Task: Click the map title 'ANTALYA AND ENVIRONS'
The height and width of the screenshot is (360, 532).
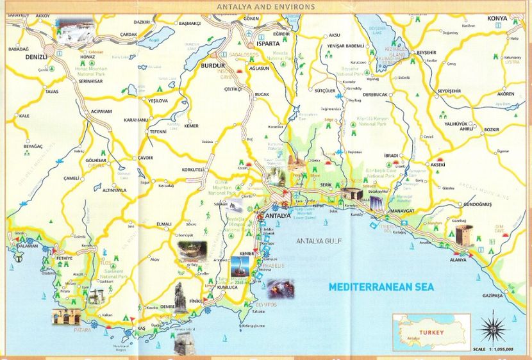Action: (x=266, y=7)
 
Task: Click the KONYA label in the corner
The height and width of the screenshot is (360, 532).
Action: (x=497, y=19)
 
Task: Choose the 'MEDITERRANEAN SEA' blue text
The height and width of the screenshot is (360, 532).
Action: (x=373, y=288)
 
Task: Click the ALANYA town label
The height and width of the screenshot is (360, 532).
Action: (x=458, y=260)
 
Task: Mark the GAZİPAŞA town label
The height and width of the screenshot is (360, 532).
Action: (x=492, y=297)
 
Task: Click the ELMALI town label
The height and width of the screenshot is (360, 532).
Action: (x=163, y=224)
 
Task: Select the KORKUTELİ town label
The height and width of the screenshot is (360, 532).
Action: (x=193, y=170)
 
